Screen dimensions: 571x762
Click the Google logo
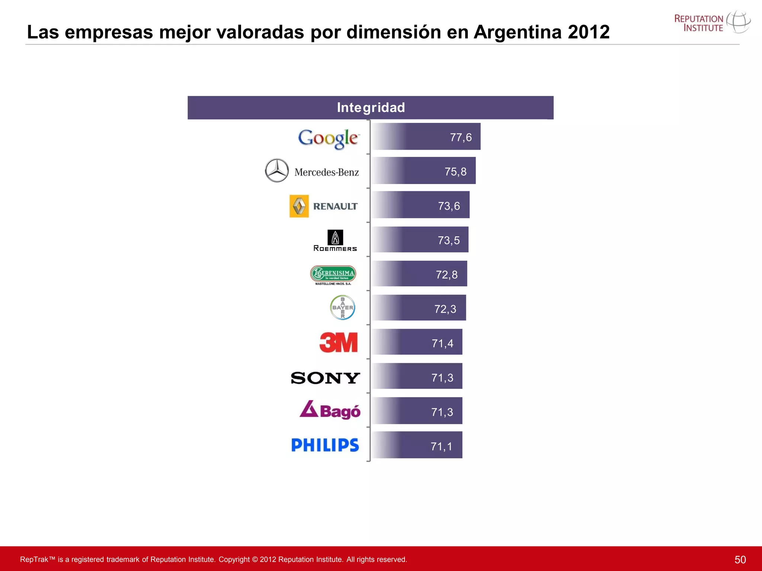328,138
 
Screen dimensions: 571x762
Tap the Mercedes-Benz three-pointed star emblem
276,171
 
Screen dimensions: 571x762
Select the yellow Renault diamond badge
299,206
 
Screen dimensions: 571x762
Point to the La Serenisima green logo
333,275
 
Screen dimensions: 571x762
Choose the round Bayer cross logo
342,307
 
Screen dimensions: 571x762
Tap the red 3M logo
338,342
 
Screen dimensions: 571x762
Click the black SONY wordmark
325,378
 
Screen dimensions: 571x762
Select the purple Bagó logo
330,410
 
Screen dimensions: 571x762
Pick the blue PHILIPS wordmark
325,445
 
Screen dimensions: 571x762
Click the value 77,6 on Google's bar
461,138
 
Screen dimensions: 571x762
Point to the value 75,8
455,172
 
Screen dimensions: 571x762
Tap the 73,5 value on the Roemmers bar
448,241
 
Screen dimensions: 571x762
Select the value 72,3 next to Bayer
445,309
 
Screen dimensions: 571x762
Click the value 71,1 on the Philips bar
441,446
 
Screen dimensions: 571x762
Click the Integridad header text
371,107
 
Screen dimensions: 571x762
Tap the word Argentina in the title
517,32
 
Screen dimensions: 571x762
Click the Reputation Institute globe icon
738,22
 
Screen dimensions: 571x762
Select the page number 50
740,559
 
